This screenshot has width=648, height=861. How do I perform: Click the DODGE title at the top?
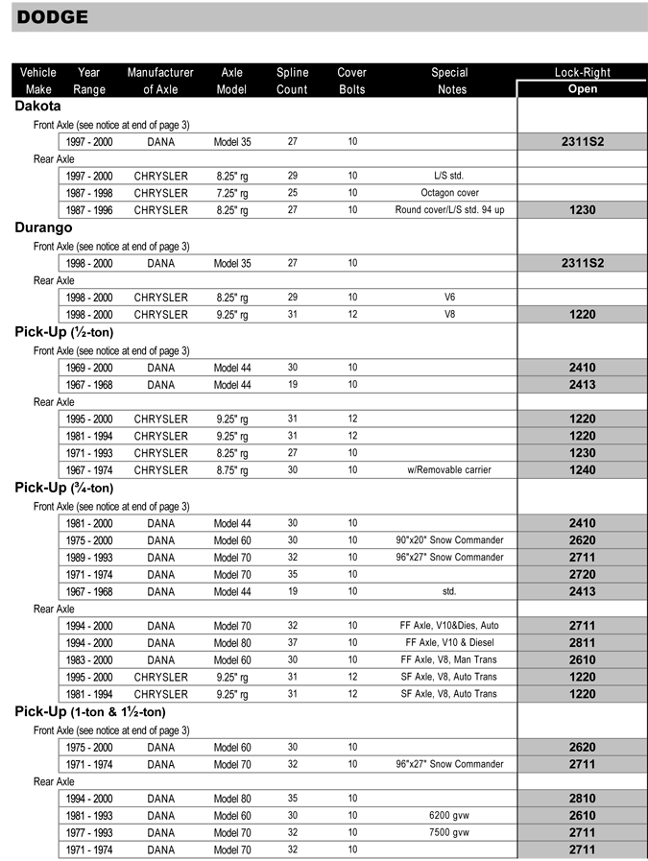click(53, 16)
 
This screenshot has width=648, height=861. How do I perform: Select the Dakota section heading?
click(38, 107)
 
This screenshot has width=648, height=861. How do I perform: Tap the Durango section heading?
click(43, 228)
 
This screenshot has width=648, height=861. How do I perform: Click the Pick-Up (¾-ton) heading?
click(63, 488)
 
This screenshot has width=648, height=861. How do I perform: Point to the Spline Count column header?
click(293, 81)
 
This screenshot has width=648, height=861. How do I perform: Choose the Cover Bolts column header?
click(352, 81)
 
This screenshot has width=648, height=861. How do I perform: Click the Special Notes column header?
click(449, 81)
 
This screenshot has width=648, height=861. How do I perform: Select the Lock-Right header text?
click(582, 72)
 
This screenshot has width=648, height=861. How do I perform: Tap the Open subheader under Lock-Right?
click(582, 88)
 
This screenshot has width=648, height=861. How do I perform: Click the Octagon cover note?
click(449, 193)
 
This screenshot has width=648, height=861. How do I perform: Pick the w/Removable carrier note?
click(449, 470)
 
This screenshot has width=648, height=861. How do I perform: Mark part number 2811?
click(582, 643)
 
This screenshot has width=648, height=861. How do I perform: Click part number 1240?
click(582, 470)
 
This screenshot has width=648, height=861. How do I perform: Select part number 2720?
click(582, 574)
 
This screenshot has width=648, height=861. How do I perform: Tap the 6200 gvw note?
click(449, 815)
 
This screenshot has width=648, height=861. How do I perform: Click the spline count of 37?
click(293, 643)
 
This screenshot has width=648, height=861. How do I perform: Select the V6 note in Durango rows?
click(449, 297)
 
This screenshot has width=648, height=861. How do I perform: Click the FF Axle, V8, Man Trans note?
click(449, 660)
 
